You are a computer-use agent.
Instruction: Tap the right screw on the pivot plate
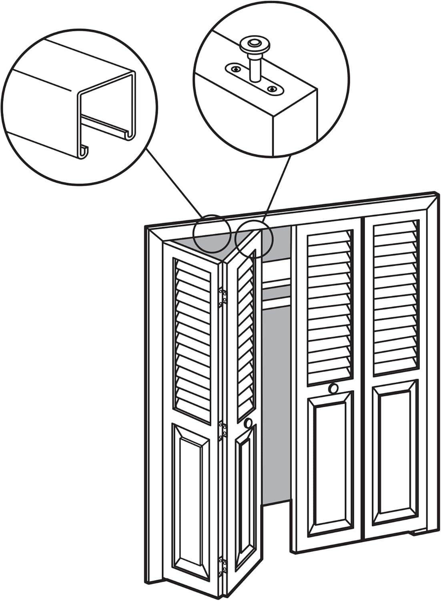pyautogui.click(x=273, y=88)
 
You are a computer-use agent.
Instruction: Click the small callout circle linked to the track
pyautogui.click(x=212, y=234)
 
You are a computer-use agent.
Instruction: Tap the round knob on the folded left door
pyautogui.click(x=249, y=423)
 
